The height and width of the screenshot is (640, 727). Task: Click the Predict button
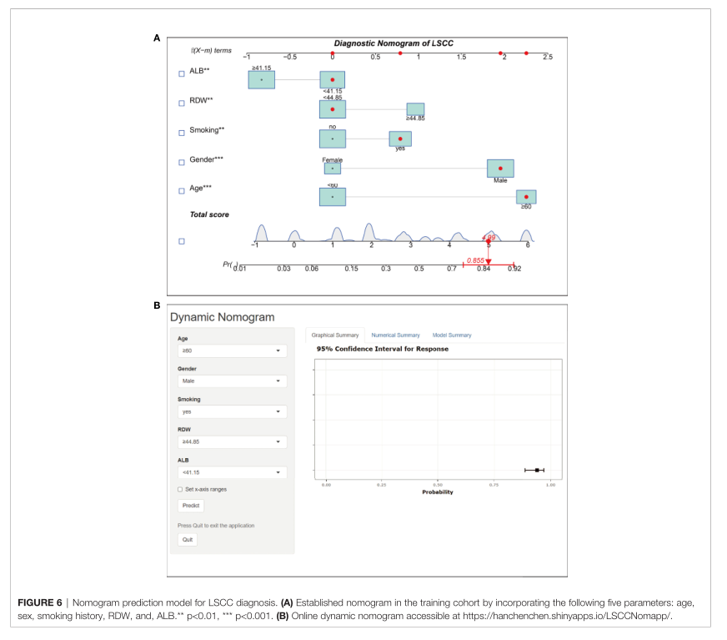click(x=192, y=506)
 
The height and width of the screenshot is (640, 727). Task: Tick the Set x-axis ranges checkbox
click(x=180, y=489)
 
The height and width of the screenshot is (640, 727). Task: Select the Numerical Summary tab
click(x=395, y=335)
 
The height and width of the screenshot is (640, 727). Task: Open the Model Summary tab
click(x=452, y=335)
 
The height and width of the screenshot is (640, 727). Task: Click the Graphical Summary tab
click(x=335, y=335)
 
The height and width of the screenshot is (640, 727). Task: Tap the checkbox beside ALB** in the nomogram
click(x=182, y=73)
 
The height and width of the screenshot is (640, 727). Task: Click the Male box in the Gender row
click(x=500, y=169)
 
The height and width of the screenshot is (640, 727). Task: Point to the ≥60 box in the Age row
click(x=526, y=197)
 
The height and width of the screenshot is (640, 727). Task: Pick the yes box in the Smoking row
click(x=400, y=139)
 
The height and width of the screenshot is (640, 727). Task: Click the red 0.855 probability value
click(x=475, y=260)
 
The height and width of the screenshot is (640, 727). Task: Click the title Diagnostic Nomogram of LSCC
click(x=394, y=43)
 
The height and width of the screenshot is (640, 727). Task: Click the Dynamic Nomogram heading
click(x=222, y=317)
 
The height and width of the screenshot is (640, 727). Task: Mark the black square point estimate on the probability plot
click(x=537, y=471)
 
